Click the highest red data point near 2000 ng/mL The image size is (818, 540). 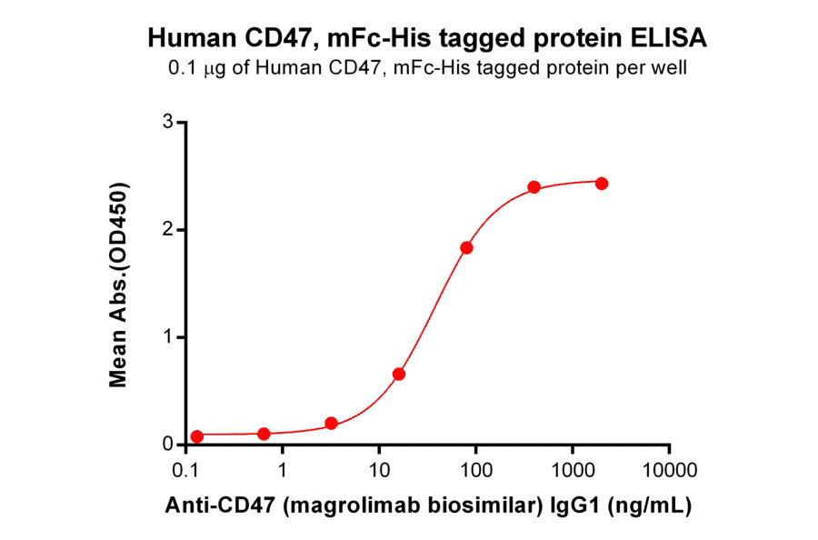602,183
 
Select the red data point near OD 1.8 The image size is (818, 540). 466,247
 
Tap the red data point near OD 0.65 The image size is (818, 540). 398,374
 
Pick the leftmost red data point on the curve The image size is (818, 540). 197,436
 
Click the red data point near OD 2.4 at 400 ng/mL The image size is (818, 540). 534,187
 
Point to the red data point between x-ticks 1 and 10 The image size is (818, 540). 331,424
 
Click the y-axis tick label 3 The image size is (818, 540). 168,122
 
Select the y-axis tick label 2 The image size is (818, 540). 168,230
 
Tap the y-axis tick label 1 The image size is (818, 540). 168,337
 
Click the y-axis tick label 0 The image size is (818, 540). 168,445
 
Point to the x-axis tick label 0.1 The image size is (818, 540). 186,470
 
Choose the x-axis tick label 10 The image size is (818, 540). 380,470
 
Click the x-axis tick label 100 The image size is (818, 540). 476,470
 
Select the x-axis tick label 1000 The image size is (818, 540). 573,470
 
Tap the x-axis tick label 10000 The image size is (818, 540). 669,470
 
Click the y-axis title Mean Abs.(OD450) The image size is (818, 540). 118,284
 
